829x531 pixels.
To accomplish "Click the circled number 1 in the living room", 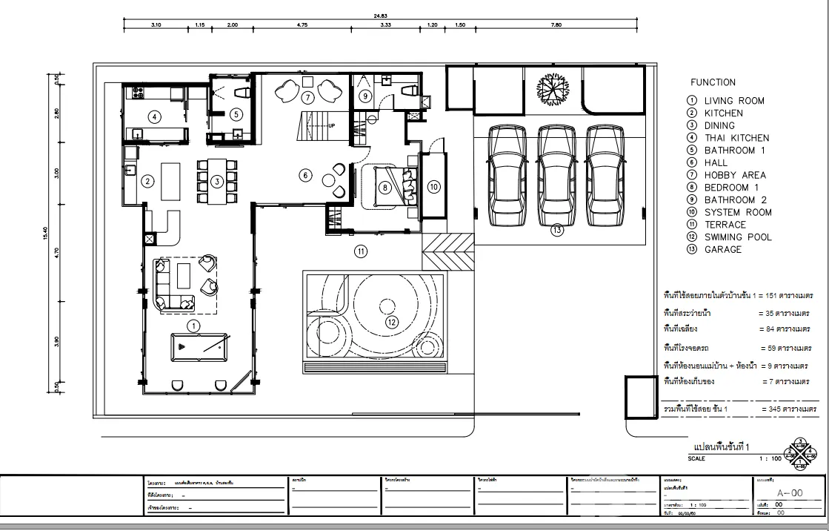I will (x=193, y=325).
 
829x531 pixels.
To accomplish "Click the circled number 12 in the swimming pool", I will (x=393, y=322).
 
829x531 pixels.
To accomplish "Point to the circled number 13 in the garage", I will (x=557, y=231).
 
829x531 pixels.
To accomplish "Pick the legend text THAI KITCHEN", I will (x=736, y=138).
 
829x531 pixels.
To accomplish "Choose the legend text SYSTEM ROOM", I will (x=738, y=212).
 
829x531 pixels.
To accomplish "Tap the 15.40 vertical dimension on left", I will (x=45, y=234).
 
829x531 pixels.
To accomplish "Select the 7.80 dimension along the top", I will (x=556, y=25).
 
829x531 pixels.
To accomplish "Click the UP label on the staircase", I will (x=331, y=125).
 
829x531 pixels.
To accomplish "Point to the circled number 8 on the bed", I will (x=384, y=188).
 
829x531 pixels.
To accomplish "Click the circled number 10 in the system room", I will (x=433, y=187).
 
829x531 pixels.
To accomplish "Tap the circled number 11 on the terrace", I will (x=361, y=251).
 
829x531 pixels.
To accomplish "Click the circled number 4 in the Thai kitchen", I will (x=154, y=116).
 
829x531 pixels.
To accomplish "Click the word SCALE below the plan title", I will (x=697, y=458).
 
